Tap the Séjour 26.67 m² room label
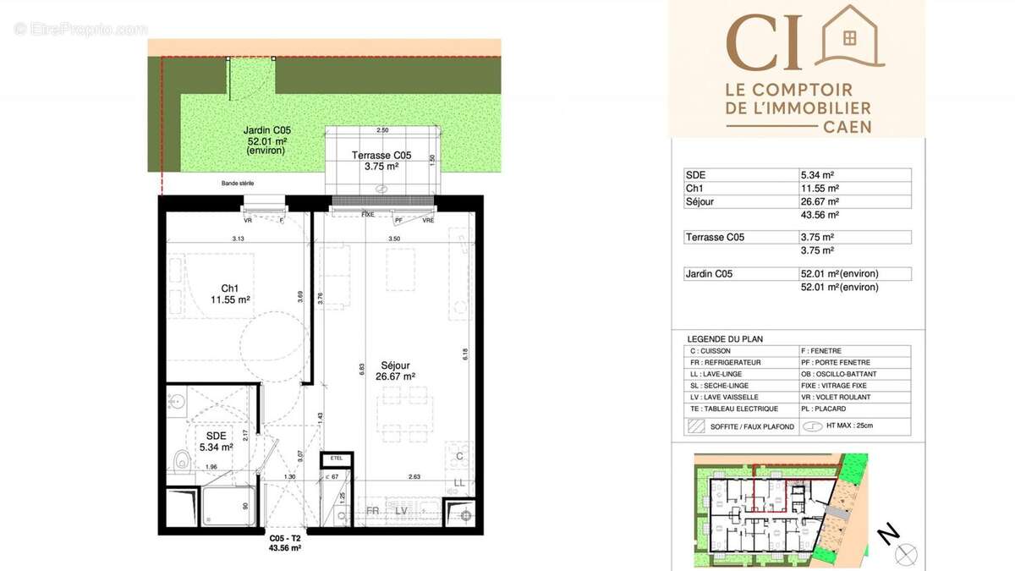click(394, 371)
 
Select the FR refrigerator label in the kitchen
click(371, 511)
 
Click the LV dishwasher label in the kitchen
click(401, 511)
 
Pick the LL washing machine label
click(459, 482)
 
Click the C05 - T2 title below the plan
click(284, 539)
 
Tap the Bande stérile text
click(238, 184)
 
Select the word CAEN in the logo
click(847, 127)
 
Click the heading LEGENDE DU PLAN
click(725, 339)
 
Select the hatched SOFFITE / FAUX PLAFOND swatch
click(697, 426)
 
